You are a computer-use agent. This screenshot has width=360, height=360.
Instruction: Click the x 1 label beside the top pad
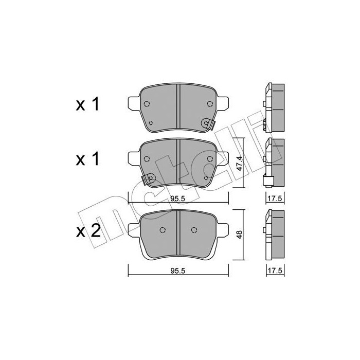[87, 105]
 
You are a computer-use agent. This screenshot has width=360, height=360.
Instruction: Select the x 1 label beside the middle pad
[87, 160]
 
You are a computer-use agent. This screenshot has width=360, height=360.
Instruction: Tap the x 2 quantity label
[87, 231]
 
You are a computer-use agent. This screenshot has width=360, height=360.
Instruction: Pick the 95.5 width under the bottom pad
[178, 268]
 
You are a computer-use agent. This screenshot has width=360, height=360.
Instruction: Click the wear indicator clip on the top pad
[206, 123]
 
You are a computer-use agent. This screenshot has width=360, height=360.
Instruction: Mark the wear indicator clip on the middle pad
[149, 178]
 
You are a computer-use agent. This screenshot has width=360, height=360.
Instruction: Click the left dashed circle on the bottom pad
[163, 230]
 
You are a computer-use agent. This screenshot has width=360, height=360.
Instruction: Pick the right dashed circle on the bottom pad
[193, 230]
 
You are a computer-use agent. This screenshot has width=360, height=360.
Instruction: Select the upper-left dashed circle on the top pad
[146, 103]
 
